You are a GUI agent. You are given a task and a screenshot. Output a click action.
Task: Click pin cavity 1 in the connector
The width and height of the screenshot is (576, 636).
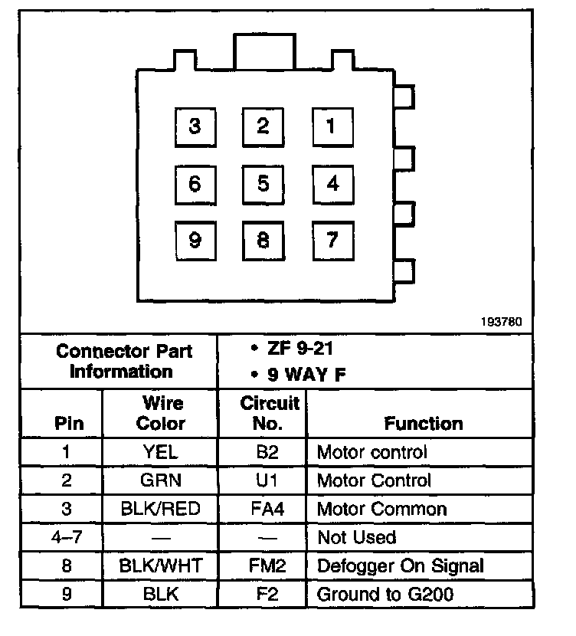pyautogui.click(x=332, y=126)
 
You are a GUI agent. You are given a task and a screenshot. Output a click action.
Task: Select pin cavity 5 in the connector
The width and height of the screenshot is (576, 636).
pyautogui.click(x=263, y=184)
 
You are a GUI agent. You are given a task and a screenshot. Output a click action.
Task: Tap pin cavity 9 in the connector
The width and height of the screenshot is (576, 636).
pyautogui.click(x=195, y=241)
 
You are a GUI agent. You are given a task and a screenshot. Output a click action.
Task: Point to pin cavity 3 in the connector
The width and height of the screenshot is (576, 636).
pyautogui.click(x=195, y=126)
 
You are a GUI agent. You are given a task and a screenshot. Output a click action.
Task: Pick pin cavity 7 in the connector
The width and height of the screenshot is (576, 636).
pyautogui.click(x=332, y=241)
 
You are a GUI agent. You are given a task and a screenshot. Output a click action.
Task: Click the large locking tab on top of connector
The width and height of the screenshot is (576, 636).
pyautogui.click(x=263, y=52)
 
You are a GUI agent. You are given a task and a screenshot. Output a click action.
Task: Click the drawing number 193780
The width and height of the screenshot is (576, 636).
pyautogui.click(x=502, y=322)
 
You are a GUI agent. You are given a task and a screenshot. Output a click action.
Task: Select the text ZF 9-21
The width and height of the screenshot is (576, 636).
pyautogui.click(x=295, y=349)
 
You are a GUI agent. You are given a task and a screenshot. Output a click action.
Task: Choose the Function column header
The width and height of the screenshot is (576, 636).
pyautogui.click(x=423, y=423)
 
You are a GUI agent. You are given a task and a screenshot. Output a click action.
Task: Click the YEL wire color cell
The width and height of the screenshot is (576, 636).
pyautogui.click(x=161, y=452)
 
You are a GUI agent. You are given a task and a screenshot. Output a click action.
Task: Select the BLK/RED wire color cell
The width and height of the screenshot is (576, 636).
pyautogui.click(x=161, y=510)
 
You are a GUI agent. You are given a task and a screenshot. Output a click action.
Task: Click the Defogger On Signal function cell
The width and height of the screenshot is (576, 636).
pyautogui.click(x=400, y=567)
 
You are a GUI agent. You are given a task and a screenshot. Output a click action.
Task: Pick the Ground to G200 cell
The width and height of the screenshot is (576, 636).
pyautogui.click(x=385, y=595)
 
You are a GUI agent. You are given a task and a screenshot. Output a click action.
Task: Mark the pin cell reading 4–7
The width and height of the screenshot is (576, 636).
pyautogui.click(x=65, y=538)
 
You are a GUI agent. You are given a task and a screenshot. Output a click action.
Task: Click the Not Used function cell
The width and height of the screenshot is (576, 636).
pyautogui.click(x=356, y=538)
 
